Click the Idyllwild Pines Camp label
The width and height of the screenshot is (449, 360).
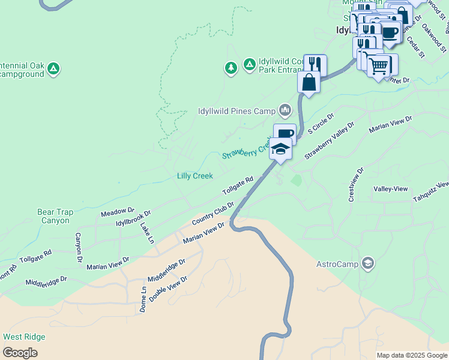coord(237,111)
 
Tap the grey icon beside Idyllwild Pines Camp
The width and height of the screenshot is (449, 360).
coord(285,110)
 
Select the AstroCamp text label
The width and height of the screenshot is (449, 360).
coord(337,264)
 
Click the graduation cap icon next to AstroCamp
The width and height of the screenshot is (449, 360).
coord(368,263)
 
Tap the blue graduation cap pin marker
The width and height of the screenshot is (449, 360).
coord(280,148)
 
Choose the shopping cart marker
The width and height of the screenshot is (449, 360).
coord(378,66)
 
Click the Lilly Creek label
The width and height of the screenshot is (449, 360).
coord(194,176)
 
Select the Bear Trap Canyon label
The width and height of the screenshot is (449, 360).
coord(55,216)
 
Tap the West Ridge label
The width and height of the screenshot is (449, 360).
coord(24,337)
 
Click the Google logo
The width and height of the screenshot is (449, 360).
coord(20,353)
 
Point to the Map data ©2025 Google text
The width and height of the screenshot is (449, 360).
coord(411,355)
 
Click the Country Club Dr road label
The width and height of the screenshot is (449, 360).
coord(212,214)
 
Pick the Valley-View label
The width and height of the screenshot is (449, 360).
coord(391,188)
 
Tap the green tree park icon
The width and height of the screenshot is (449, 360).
coord(231,67)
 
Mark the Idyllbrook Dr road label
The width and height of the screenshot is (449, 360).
coord(133,218)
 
